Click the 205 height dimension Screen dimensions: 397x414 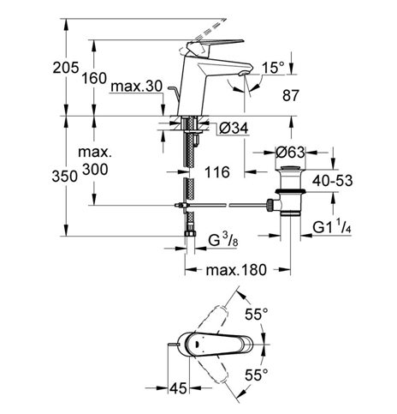click(66, 68)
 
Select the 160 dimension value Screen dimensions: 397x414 click(94, 78)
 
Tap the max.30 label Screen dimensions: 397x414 click(137, 86)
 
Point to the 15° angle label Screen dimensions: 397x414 click(273, 68)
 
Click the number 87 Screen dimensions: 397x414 click(291, 95)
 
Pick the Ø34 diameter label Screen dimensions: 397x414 click(234, 129)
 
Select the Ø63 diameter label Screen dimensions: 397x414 click(290, 153)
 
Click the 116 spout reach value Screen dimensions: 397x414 click(217, 172)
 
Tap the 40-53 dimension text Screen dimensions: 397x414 click(333, 181)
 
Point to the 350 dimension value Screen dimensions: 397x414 click(65, 176)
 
